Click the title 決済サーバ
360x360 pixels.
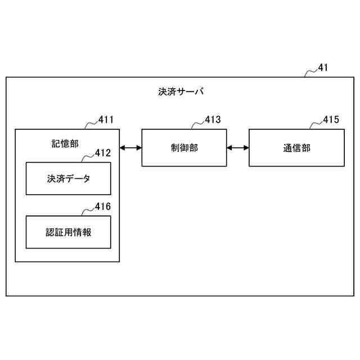click(x=181, y=91)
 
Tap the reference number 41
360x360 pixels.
click(x=323, y=68)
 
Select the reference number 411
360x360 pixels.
click(x=106, y=119)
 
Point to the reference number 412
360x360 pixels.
click(x=103, y=152)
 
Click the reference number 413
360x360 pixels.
click(x=213, y=119)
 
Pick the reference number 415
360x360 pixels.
click(x=331, y=119)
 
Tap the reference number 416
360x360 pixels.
click(x=103, y=206)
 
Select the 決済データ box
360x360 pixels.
click(x=68, y=178)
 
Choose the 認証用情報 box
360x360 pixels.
click(x=68, y=232)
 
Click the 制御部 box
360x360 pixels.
click(x=184, y=148)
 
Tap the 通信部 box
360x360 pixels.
click(x=296, y=148)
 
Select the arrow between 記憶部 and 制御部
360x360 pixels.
click(x=130, y=148)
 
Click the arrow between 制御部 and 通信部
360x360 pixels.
click(x=237, y=148)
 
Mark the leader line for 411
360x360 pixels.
click(x=91, y=124)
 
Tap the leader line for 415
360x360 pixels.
click(x=316, y=124)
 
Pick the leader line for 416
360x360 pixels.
click(x=88, y=210)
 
